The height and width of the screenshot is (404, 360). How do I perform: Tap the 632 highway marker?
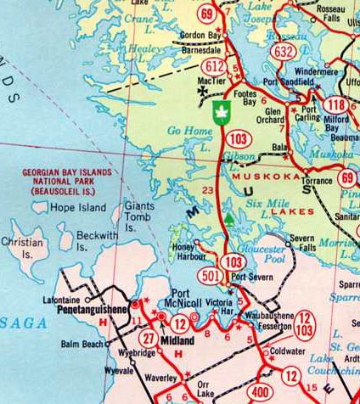point(285,51)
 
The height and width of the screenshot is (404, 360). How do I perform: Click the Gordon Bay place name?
point(201,36)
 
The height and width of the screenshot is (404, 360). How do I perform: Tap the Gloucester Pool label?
point(259,255)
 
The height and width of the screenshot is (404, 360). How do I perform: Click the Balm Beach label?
point(82,345)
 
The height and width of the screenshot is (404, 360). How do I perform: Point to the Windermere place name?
point(313,72)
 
